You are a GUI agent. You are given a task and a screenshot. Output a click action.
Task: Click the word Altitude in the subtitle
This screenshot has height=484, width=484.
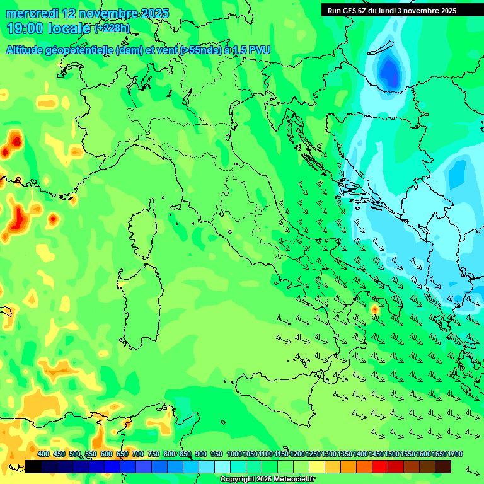tap(26, 50)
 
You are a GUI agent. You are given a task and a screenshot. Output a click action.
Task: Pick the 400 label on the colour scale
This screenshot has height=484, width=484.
tap(43, 454)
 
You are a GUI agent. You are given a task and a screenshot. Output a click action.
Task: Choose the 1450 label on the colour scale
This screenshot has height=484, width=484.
tap(376, 454)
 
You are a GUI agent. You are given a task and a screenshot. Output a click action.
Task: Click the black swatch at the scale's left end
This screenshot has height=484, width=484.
tap(33, 466)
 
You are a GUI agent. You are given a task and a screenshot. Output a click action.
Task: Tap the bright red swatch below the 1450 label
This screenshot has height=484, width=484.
tap(380, 466)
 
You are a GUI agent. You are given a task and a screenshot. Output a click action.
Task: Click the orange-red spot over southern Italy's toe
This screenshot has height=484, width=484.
tap(374, 309)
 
